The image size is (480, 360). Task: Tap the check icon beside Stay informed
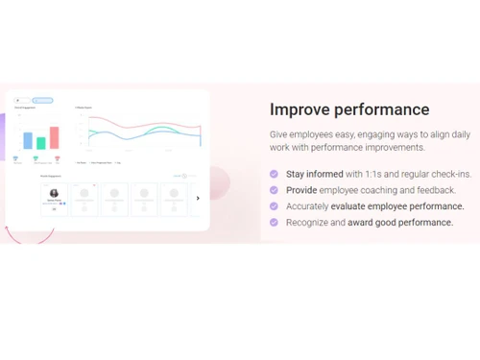[275, 174]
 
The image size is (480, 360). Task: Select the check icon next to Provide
[275, 190]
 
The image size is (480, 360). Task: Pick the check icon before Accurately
[275, 206]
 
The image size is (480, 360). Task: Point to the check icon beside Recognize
[275, 223]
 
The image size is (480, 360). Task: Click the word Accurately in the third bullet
[308, 206]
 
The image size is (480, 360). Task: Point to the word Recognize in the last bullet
[308, 223]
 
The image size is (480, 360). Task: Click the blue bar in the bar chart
[28, 140]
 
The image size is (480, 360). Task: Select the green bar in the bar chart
[41, 143]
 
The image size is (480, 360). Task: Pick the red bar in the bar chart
[55, 137]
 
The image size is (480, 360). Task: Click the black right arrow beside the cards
[198, 198]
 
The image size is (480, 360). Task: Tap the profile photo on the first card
[55, 193]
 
